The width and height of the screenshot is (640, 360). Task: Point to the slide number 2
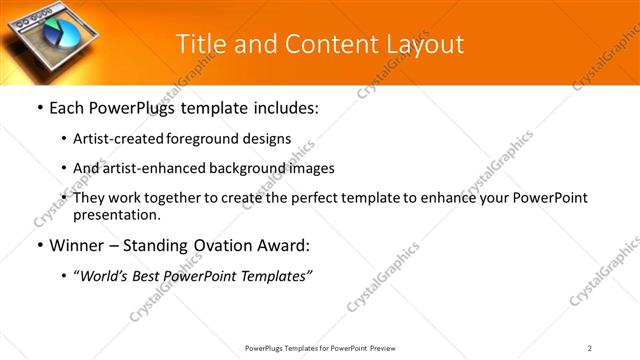(589, 348)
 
